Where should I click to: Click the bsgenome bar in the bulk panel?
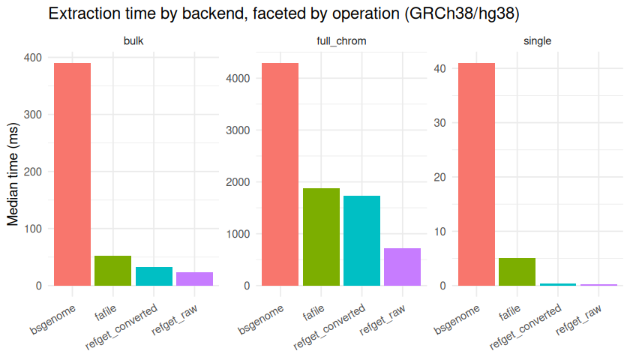[x=72, y=174]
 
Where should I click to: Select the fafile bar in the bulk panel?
[x=113, y=271]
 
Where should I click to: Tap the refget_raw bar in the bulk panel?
[x=194, y=279]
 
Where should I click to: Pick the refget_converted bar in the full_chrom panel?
[x=361, y=241]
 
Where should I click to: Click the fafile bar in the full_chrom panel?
[x=321, y=237]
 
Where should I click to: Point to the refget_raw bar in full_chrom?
[x=402, y=267]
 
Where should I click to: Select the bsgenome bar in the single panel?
[x=476, y=174]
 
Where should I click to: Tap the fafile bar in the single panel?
[x=517, y=272]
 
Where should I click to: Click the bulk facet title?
[x=133, y=41]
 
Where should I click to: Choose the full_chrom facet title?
[x=341, y=41]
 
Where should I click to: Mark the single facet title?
[x=537, y=41]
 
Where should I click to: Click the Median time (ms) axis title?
[x=13, y=174]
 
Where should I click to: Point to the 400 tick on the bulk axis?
[x=33, y=58]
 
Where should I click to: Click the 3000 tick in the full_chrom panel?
[x=238, y=130]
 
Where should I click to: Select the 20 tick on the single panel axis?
[x=440, y=177]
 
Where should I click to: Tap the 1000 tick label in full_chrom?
[x=238, y=234]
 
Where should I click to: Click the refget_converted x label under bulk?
[x=121, y=327]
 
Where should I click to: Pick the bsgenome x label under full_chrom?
[x=261, y=319]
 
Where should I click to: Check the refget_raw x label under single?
[x=578, y=319]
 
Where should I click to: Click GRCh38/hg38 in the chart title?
[x=462, y=13]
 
